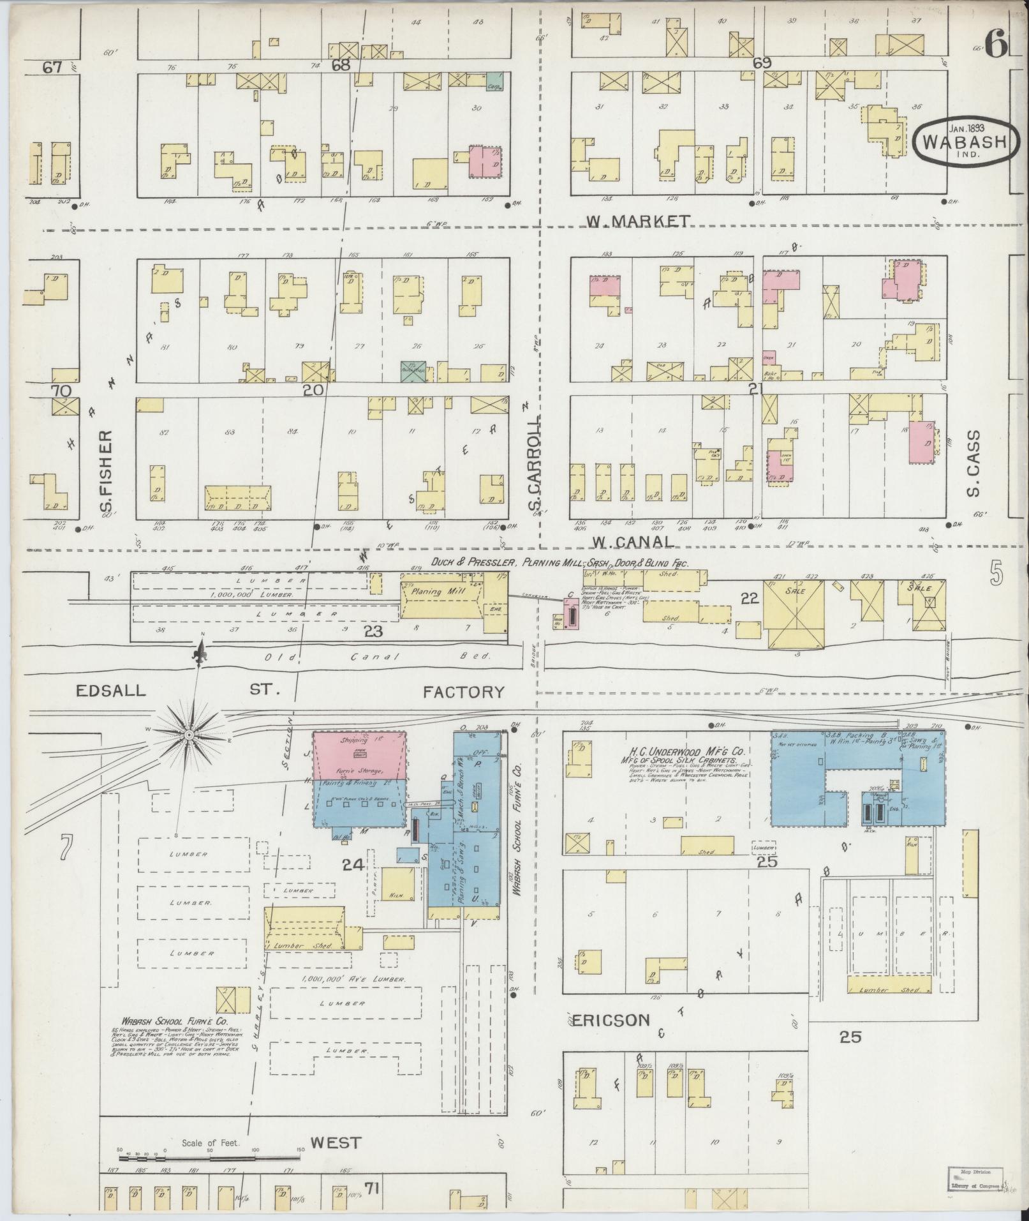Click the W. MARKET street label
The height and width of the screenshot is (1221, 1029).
pos(638,221)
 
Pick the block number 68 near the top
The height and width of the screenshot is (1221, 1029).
pos(341,64)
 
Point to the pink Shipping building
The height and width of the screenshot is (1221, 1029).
pos(359,754)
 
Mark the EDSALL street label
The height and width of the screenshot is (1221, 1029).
pos(110,691)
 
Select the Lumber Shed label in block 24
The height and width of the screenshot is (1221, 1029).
pos(305,945)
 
